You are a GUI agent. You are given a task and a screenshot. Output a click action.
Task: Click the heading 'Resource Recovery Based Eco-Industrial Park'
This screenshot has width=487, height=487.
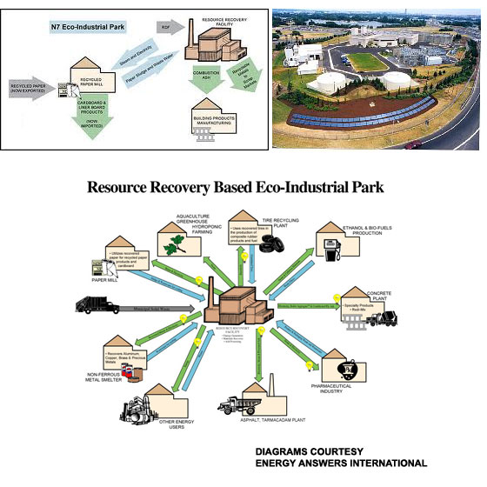[x=243, y=187]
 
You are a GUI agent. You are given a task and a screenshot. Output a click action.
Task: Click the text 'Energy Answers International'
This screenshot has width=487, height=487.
[x=338, y=464]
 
